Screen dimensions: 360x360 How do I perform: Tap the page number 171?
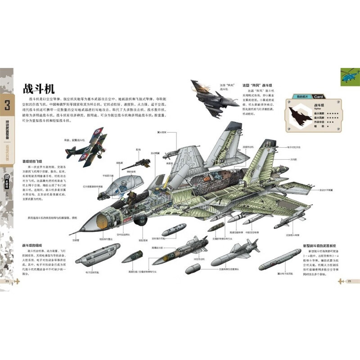(349, 281)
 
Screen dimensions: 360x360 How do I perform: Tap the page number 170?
(7, 281)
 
